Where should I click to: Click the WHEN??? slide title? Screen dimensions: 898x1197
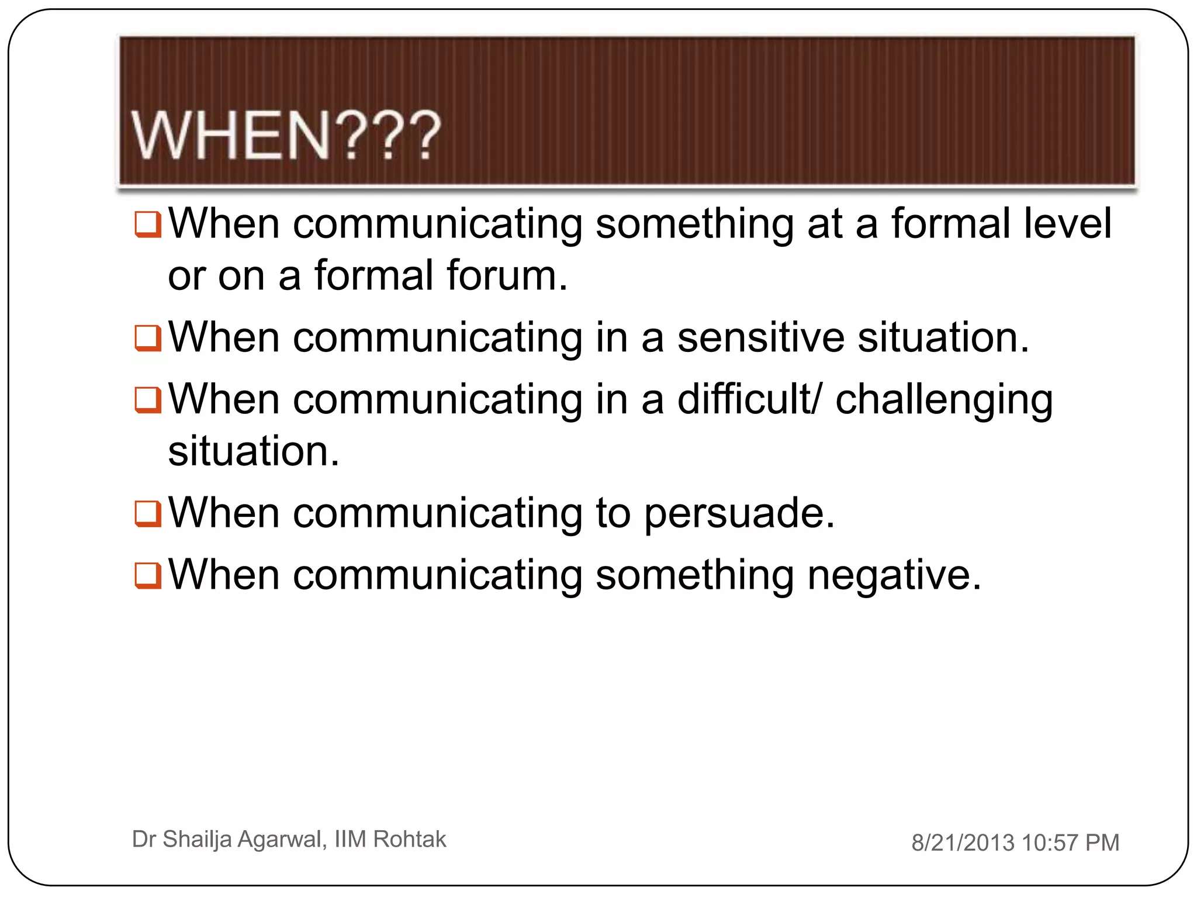[285, 136]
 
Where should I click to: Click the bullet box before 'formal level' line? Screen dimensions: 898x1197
[147, 224]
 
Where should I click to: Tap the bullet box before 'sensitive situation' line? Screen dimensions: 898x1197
[147, 338]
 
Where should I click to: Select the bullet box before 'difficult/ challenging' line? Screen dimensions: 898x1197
[147, 400]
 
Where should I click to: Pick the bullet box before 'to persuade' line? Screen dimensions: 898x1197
[147, 514]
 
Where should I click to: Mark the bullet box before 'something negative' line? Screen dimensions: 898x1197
[147, 575]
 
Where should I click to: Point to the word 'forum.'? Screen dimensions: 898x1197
[506, 275]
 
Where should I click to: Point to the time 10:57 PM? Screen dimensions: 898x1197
[1070, 842]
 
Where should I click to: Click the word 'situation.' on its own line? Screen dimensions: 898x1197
[253, 451]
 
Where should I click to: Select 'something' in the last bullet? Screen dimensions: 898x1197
[694, 576]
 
